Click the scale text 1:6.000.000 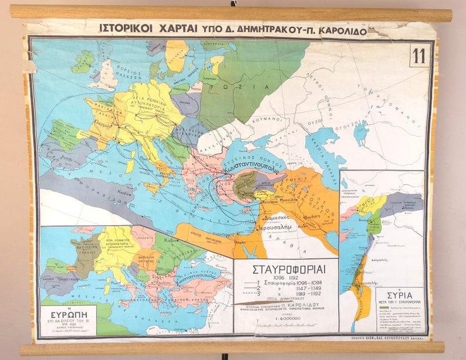pos(286,318)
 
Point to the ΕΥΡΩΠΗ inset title pos(67,314)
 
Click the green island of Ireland pos(82,61)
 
